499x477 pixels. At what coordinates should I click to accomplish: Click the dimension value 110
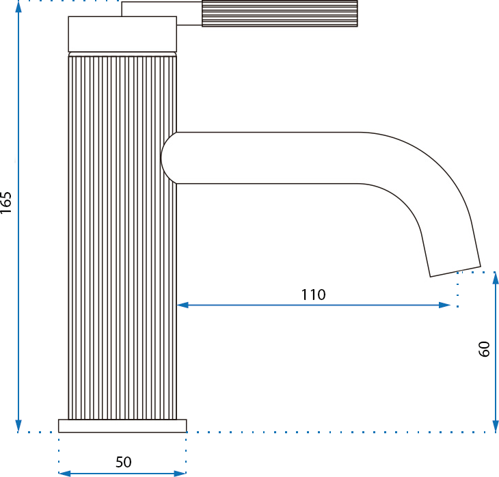pos(313,295)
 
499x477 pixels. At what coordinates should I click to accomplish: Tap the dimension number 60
pos(484,350)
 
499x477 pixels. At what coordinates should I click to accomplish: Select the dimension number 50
pos(123,462)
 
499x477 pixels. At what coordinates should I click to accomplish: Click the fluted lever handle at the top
pos(279,14)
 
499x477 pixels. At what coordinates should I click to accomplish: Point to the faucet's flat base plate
pos(122,426)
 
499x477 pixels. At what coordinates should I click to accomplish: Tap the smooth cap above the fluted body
pos(122,34)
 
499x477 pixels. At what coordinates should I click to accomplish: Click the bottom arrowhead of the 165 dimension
pos(19,426)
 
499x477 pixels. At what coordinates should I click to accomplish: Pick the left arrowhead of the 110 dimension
pos(183,305)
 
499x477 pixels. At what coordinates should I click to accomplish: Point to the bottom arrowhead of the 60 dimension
pos(494,426)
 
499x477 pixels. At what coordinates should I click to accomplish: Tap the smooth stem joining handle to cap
pos(189,14)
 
